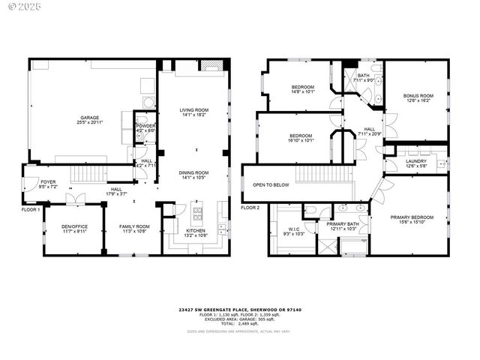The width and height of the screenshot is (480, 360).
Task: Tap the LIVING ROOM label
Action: (x=193, y=110)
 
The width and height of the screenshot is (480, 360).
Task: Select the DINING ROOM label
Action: (x=193, y=172)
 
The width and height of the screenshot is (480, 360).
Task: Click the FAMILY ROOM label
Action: (x=135, y=226)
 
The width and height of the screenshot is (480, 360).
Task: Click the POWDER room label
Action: (x=145, y=126)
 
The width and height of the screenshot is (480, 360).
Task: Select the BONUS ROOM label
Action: (x=418, y=95)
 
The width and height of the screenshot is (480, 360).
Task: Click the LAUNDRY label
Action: (x=416, y=161)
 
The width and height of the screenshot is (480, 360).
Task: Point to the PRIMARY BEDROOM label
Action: (x=412, y=217)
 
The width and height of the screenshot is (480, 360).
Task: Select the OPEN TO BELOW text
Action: (x=271, y=184)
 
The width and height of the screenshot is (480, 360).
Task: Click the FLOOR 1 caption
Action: (x=31, y=209)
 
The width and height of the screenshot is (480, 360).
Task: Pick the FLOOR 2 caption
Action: (x=250, y=208)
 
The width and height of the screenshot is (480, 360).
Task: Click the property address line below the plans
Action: (x=240, y=309)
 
